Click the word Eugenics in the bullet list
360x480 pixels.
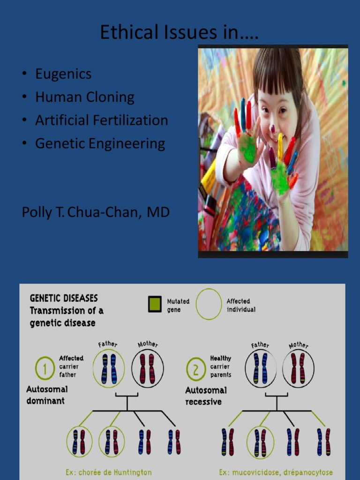[63, 74]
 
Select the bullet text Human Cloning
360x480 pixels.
[84, 97]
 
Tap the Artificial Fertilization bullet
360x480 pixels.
[101, 120]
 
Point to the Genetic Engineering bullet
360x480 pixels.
[100, 143]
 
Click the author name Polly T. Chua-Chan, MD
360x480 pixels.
[96, 212]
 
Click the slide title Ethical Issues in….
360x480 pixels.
[180, 32]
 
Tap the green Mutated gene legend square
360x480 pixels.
[155, 305]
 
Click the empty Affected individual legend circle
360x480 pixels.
[209, 304]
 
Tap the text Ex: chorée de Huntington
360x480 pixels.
[108, 472]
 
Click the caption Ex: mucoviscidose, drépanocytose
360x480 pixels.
[276, 472]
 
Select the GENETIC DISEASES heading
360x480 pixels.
[64, 298]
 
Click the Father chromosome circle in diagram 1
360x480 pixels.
[109, 368]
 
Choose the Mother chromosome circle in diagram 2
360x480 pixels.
[298, 368]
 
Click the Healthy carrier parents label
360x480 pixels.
[220, 367]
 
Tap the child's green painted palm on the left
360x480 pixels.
[247, 148]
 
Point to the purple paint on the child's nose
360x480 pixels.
[272, 128]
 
